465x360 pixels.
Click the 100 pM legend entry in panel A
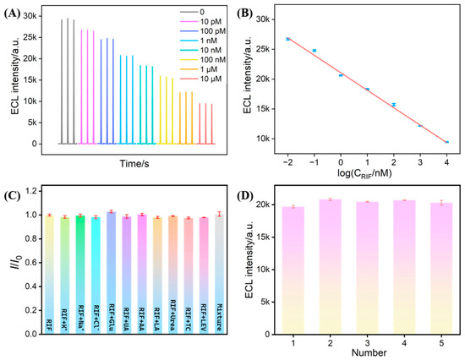(x=203, y=31)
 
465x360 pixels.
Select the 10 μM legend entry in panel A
(x=200, y=79)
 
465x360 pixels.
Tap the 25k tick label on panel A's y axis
(x=30, y=37)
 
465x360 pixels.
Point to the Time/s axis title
(x=134, y=163)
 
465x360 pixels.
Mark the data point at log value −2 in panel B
(x=287, y=39)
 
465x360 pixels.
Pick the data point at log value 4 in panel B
(x=446, y=142)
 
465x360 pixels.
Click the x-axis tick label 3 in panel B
(x=420, y=162)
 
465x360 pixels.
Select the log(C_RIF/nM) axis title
(x=364, y=173)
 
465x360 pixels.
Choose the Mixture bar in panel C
(x=220, y=275)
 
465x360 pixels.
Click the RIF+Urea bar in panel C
(x=172, y=275)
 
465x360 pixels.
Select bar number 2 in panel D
(x=331, y=267)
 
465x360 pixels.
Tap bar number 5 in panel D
(x=441, y=269)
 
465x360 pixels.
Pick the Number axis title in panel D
(x=369, y=352)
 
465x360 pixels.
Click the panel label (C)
(x=11, y=196)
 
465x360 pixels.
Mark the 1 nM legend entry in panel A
(x=199, y=41)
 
